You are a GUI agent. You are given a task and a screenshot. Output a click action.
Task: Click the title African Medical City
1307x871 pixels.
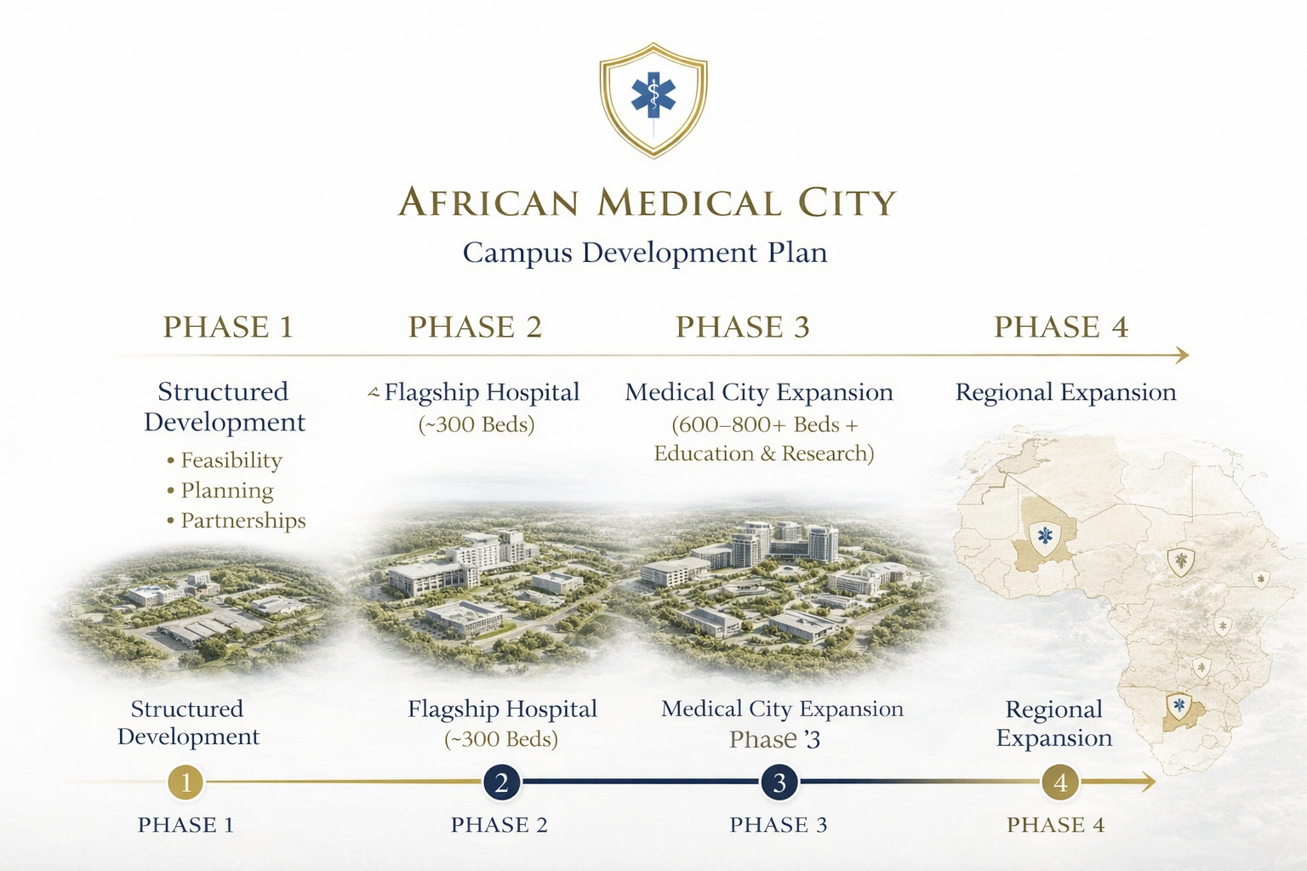(647, 203)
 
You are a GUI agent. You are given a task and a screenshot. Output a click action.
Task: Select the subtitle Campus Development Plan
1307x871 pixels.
(644, 253)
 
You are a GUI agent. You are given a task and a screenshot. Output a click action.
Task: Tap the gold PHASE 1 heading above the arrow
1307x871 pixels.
(228, 327)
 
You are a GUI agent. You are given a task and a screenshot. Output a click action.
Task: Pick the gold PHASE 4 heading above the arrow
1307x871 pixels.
(1061, 327)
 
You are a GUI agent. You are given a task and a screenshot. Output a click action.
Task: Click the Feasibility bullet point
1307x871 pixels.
(231, 460)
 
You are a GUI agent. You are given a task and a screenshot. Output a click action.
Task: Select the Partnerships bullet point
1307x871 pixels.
(243, 521)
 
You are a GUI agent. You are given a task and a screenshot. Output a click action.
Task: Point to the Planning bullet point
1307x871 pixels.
(226, 491)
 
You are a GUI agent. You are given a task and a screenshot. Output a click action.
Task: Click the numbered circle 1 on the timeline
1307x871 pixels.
(185, 782)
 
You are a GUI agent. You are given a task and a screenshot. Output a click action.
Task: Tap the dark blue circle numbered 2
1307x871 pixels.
(501, 782)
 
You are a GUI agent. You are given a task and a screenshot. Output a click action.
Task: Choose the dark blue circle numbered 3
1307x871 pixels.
(779, 782)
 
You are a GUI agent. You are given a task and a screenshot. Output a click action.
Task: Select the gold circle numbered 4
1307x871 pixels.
(1060, 782)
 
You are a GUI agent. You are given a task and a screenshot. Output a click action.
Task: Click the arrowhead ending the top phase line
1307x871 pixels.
(1182, 356)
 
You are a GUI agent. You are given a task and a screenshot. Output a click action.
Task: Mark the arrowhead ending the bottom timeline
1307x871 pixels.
(1149, 782)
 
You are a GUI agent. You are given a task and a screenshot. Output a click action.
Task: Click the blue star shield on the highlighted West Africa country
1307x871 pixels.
(1045, 537)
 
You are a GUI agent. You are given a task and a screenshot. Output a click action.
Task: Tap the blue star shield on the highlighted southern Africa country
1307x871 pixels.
(1179, 706)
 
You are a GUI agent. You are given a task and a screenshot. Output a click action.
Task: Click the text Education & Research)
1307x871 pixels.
(763, 454)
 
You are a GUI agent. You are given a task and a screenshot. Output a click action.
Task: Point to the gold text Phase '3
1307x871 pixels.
(774, 740)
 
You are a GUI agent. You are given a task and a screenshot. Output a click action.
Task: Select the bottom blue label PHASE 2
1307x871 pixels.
(499, 825)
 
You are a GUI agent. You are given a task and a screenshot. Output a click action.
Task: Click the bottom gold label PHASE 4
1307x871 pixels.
(1055, 825)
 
